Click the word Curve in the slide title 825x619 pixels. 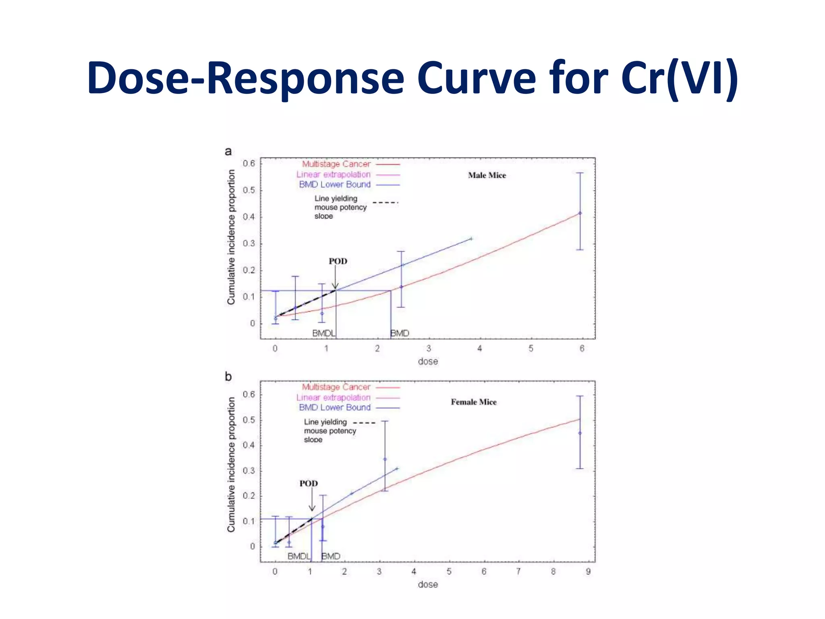(476, 77)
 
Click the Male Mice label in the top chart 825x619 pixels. (487, 175)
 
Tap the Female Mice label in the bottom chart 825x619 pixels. (473, 402)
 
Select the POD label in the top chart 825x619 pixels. (338, 261)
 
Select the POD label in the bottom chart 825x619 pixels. (308, 483)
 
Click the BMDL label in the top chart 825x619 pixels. (323, 333)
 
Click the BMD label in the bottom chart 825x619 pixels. (331, 556)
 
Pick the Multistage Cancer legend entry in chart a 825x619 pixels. (336, 164)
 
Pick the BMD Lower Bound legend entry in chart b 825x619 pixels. (334, 407)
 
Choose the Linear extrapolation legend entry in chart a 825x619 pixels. (333, 174)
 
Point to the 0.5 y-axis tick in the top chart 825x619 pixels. (249, 190)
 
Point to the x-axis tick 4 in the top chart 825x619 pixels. (479, 349)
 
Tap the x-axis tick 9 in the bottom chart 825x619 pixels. (588, 571)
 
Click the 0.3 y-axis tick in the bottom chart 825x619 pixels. (249, 471)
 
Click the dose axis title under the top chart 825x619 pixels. (427, 361)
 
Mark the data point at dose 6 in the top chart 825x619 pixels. (580, 213)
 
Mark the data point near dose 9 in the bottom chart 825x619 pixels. (580, 433)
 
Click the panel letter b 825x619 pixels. (228, 376)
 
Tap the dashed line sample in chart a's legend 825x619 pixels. (385, 202)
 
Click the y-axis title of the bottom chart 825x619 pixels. (231, 464)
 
